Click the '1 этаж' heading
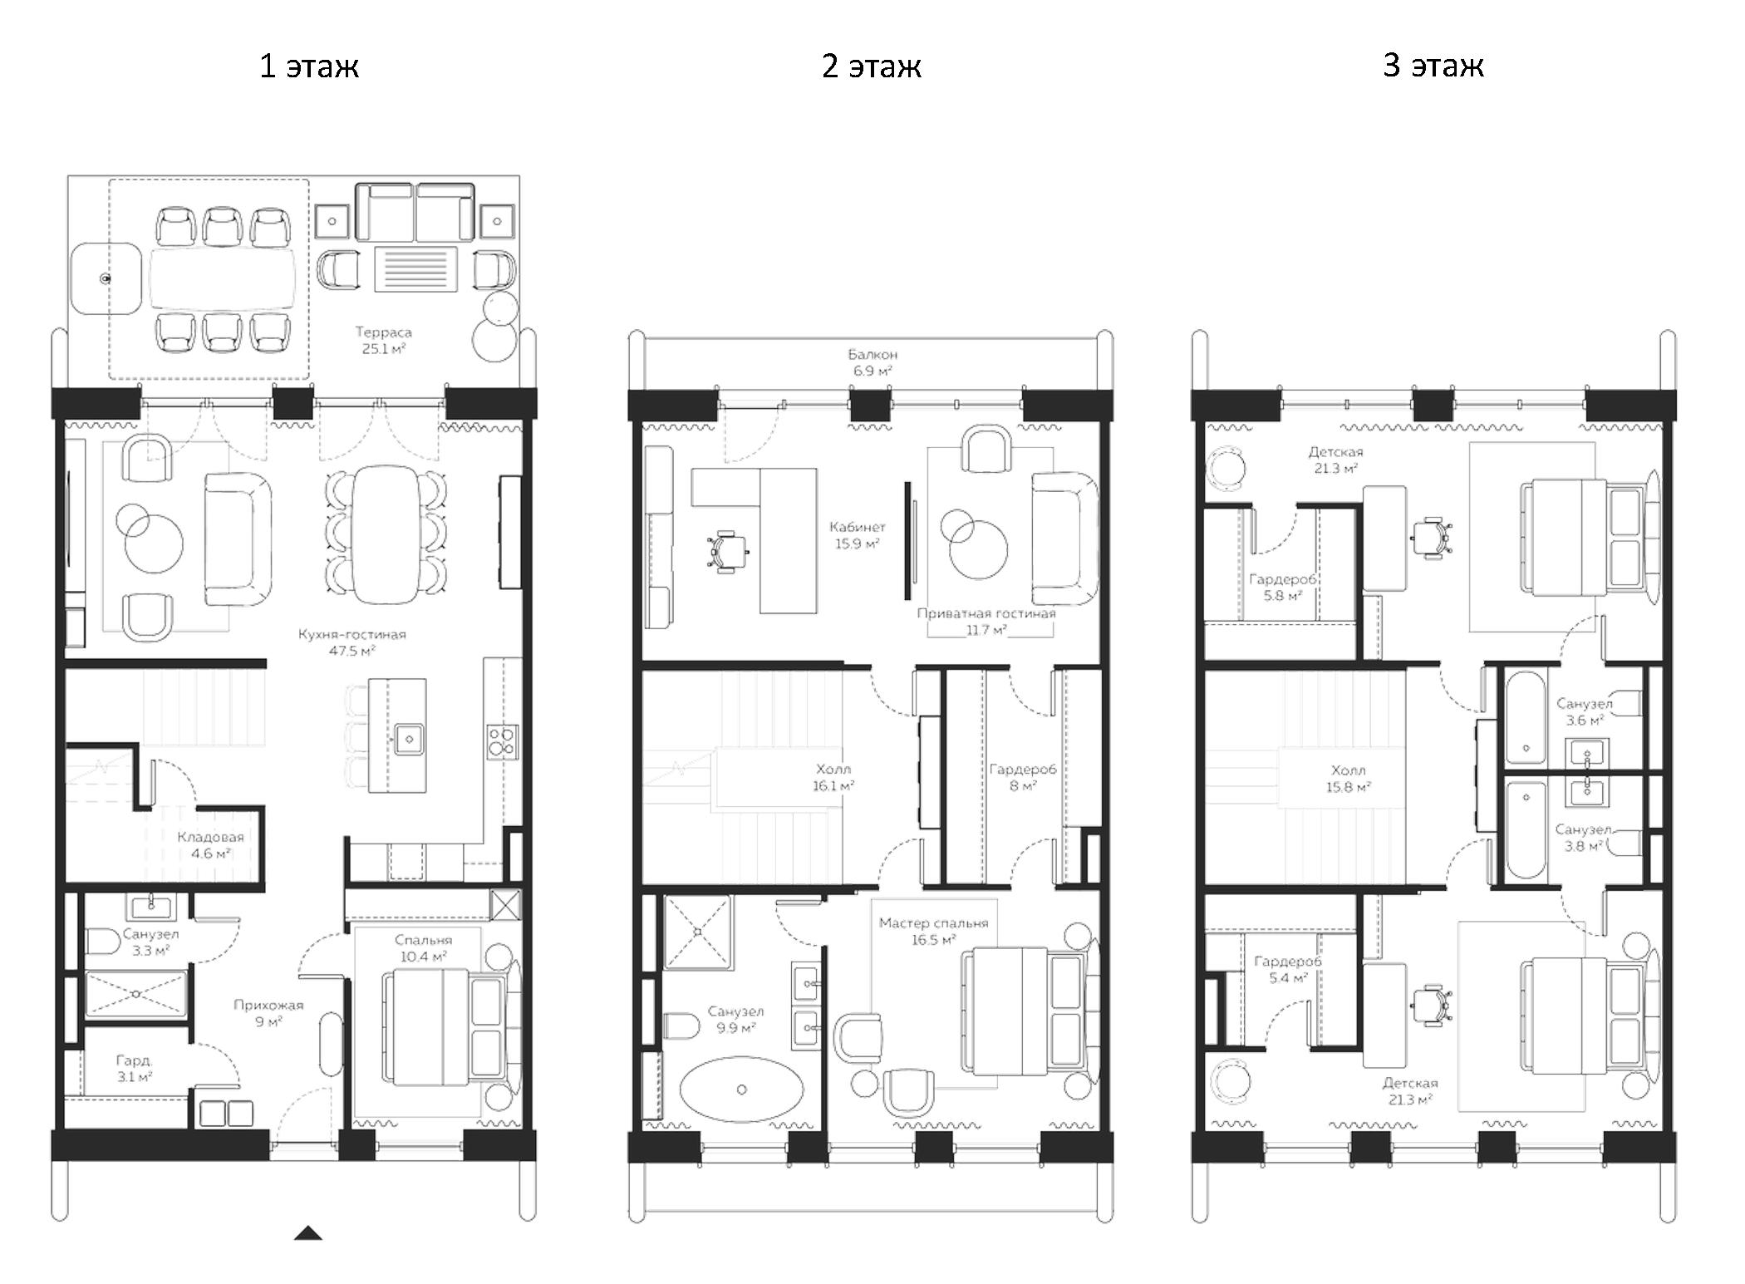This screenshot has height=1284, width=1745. coord(308,66)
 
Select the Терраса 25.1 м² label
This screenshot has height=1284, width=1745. coord(383,340)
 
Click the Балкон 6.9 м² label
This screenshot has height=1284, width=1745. coord(872,362)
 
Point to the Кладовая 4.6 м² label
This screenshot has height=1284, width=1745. coord(210,844)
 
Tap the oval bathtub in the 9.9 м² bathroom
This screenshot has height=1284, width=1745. coord(741,1090)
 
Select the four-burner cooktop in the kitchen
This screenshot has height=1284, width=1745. coord(502,740)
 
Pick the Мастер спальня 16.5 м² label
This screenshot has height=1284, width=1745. coord(933,931)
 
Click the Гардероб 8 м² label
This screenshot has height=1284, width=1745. coord(1022,777)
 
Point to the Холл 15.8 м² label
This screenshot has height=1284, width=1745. coord(1347,778)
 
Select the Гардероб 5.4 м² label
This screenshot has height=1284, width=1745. coord(1286,969)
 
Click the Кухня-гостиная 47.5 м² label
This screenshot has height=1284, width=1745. coord(352,642)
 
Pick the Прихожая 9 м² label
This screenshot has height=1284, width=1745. coord(268,1012)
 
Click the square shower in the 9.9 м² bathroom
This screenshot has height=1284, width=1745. coord(698,932)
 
